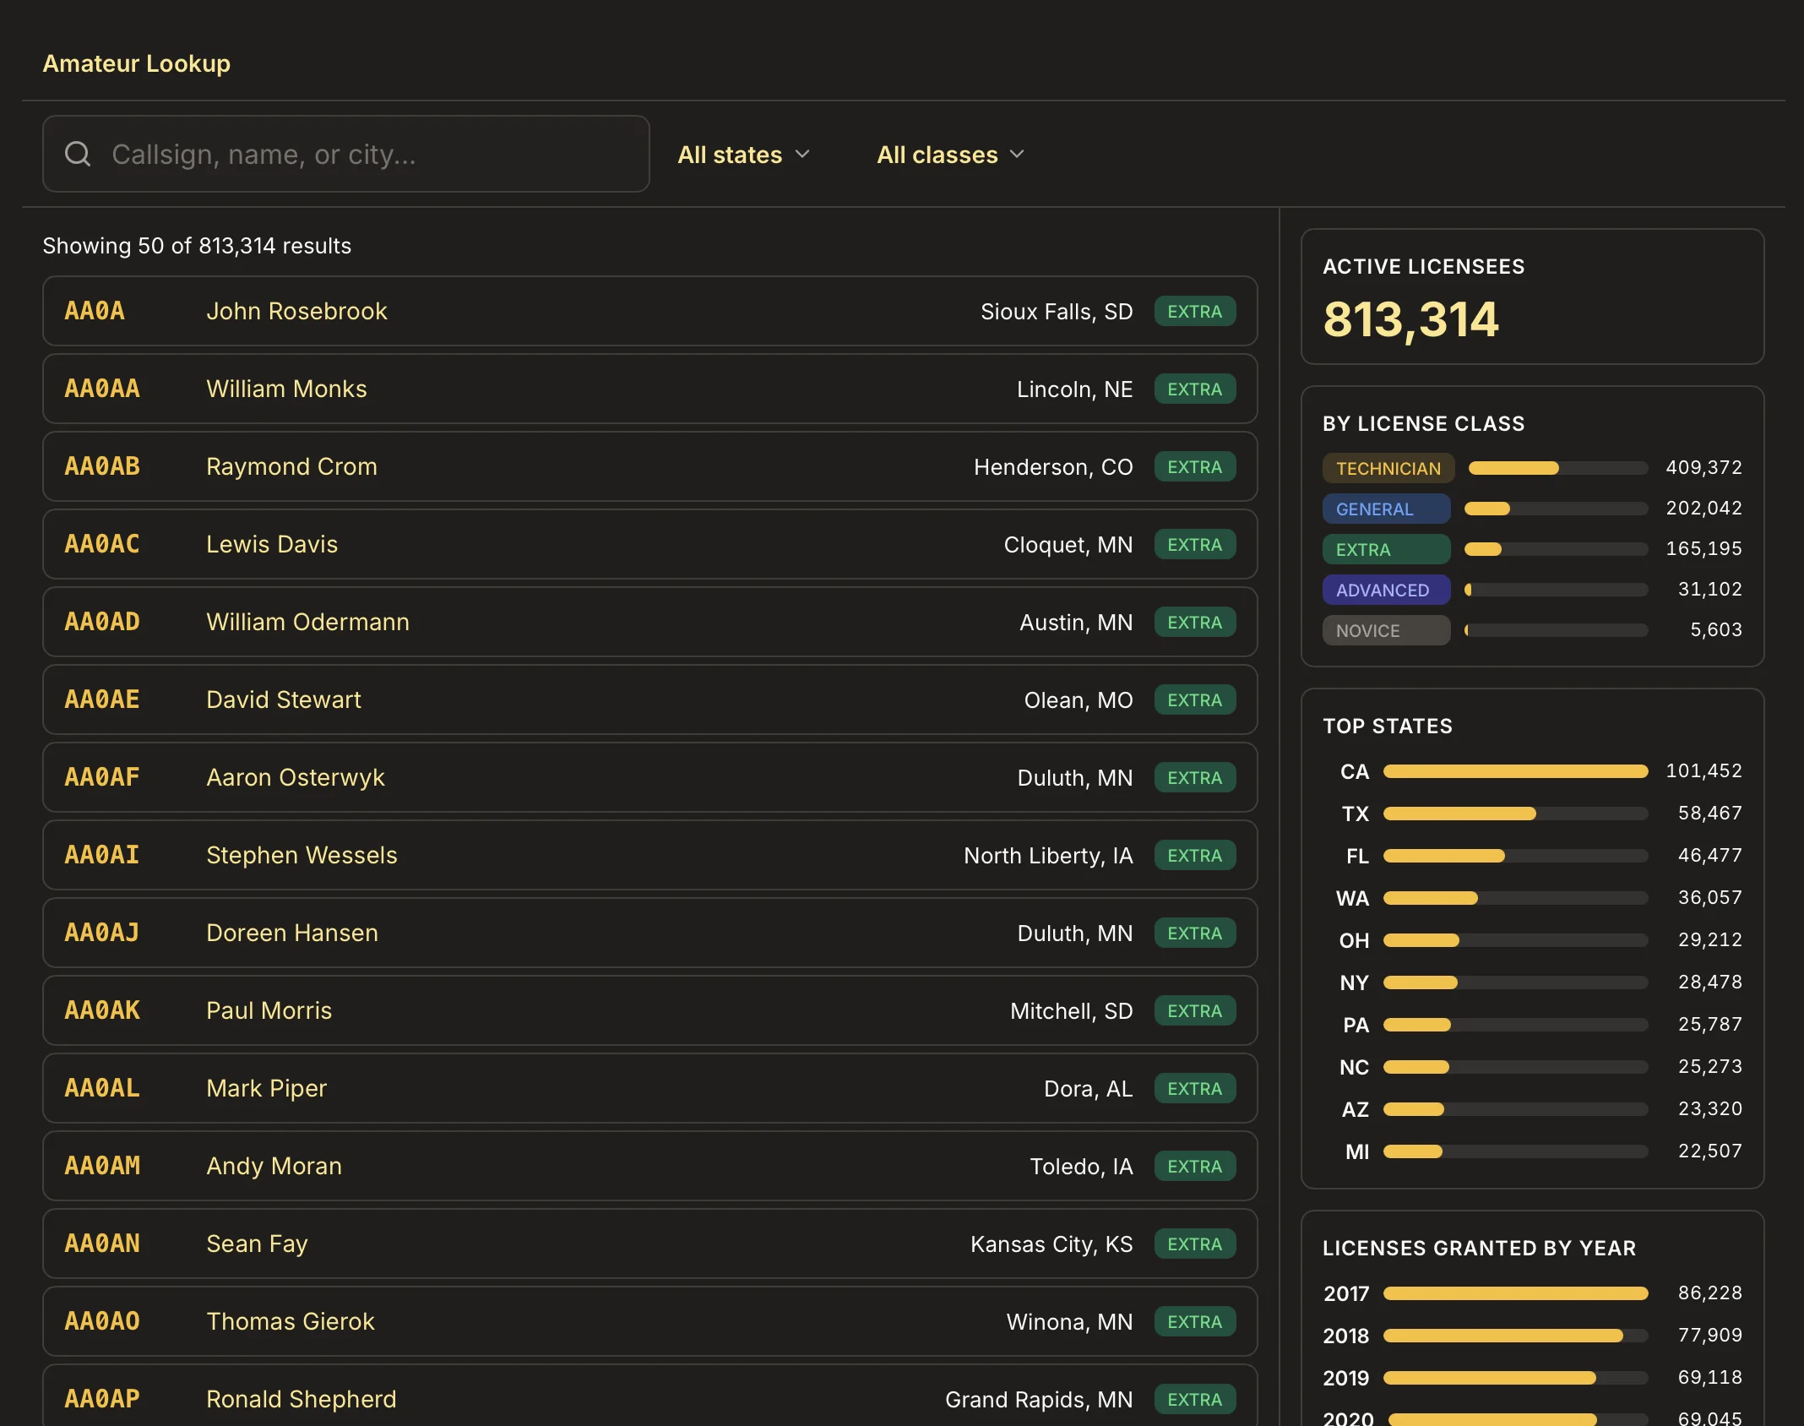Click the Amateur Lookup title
(x=137, y=63)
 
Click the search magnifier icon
(x=78, y=154)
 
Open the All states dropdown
(x=743, y=155)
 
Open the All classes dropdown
(x=950, y=155)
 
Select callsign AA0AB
(x=102, y=466)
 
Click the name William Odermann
(x=307, y=622)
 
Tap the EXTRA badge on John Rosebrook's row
(x=1194, y=311)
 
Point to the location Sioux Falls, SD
(x=1057, y=312)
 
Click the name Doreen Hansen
(x=292, y=933)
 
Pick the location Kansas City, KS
(x=1051, y=1244)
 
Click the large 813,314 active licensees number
(x=1410, y=319)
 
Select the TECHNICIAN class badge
(x=1388, y=468)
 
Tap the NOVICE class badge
(x=1386, y=630)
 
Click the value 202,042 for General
(x=1703, y=508)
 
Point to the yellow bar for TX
(x=1459, y=814)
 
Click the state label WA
(x=1352, y=898)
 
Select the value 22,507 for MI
(x=1709, y=1151)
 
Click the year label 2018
(x=1345, y=1336)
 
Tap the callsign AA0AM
(x=102, y=1166)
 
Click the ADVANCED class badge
(x=1386, y=590)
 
